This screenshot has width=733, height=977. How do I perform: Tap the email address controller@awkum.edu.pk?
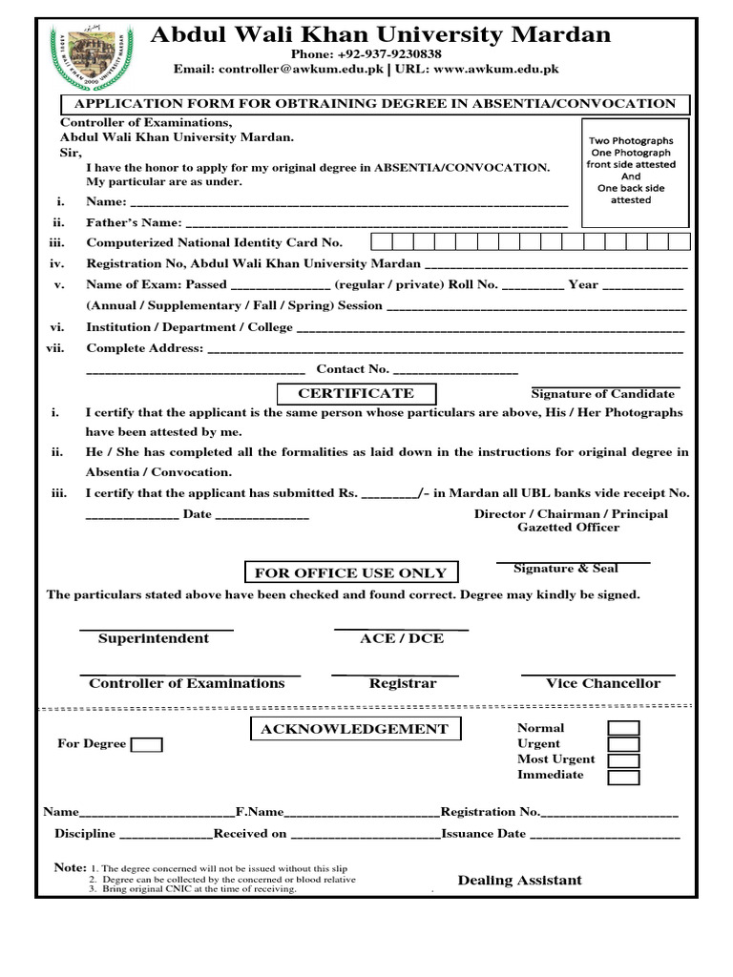click(304, 70)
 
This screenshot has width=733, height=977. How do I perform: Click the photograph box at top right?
click(630, 170)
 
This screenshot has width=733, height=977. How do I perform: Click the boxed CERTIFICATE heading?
click(356, 393)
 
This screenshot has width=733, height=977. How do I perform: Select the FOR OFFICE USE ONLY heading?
click(350, 573)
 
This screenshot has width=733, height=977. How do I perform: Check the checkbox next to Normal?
click(624, 729)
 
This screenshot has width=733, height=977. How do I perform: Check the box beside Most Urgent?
click(624, 760)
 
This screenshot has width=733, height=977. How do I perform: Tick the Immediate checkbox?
click(624, 777)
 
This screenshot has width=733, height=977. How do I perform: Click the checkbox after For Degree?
click(147, 745)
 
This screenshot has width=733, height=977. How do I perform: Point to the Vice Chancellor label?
click(602, 683)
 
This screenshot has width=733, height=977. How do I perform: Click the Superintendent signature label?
click(153, 638)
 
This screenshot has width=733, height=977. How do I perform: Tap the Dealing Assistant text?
click(519, 880)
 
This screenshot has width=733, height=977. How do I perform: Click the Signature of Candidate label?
click(603, 393)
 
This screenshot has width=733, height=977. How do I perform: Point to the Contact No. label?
click(352, 369)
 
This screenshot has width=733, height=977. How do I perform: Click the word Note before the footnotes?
click(70, 867)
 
